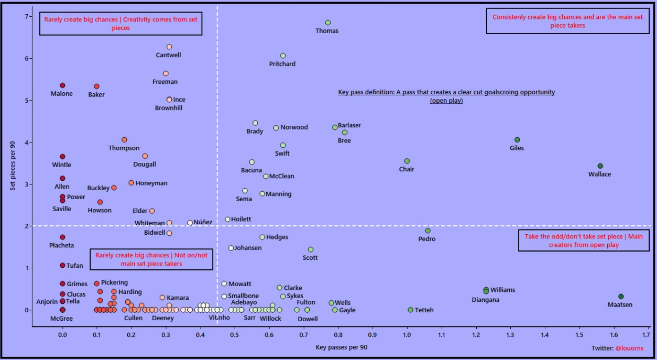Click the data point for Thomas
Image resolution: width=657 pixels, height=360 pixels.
(x=328, y=23)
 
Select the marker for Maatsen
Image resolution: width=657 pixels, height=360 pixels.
(x=621, y=297)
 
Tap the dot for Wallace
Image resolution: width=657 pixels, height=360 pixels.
(x=600, y=166)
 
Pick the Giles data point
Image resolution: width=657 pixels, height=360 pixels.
(x=517, y=140)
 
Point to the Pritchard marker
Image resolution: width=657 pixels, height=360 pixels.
(x=283, y=56)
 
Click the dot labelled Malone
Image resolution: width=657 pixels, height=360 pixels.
(x=62, y=85)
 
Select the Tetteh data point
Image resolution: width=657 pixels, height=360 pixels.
(x=410, y=310)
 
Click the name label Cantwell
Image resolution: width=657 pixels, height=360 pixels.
(x=169, y=55)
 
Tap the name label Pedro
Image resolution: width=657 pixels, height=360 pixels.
(x=427, y=239)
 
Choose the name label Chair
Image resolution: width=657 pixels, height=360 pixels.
(x=407, y=169)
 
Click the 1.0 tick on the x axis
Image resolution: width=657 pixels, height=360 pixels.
(x=407, y=334)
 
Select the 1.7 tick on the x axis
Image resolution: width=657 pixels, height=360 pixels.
(x=648, y=334)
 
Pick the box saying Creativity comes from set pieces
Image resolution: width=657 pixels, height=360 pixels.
(x=121, y=24)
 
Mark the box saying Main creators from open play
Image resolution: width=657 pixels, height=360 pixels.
(x=583, y=241)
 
